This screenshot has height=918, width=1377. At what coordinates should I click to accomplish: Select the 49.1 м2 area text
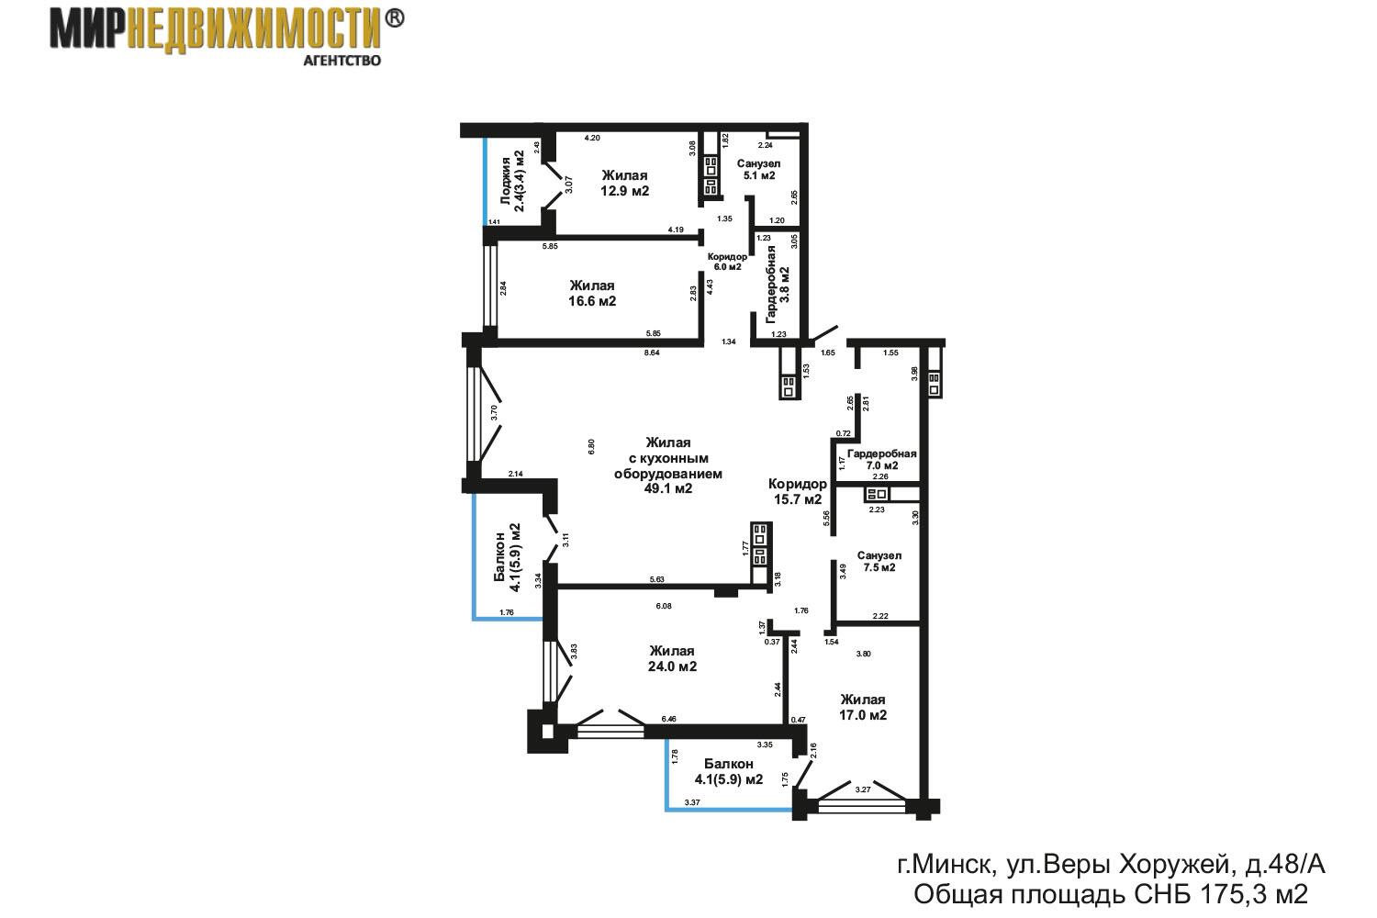pyautogui.click(x=668, y=488)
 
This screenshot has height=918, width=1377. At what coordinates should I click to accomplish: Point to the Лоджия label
pyautogui.click(x=506, y=181)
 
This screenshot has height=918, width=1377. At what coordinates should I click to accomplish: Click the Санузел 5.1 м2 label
pyautogui.click(x=758, y=169)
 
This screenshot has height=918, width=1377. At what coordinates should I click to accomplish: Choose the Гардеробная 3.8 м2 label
pyautogui.click(x=777, y=284)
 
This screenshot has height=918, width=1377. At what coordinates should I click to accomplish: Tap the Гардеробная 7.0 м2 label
pyautogui.click(x=882, y=459)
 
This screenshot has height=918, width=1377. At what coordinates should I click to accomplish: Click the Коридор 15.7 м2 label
pyautogui.click(x=798, y=491)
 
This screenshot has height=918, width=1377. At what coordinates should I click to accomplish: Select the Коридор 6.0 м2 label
pyautogui.click(x=727, y=262)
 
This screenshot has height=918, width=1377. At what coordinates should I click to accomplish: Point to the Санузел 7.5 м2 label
pyautogui.click(x=879, y=562)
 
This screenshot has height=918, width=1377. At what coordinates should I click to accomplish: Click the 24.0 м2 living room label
pyautogui.click(x=672, y=658)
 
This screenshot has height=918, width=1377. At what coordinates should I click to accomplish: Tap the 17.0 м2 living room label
pyautogui.click(x=863, y=707)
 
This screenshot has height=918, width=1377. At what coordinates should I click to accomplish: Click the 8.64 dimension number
pyautogui.click(x=652, y=353)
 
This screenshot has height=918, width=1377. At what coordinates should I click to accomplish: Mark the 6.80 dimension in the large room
pyautogui.click(x=591, y=446)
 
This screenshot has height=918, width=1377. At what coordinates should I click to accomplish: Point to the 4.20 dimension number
pyautogui.click(x=592, y=138)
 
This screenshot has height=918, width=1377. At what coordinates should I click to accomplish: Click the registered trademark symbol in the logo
pyautogui.click(x=395, y=19)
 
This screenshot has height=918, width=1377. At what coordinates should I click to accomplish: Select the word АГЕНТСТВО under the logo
pyautogui.click(x=342, y=61)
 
